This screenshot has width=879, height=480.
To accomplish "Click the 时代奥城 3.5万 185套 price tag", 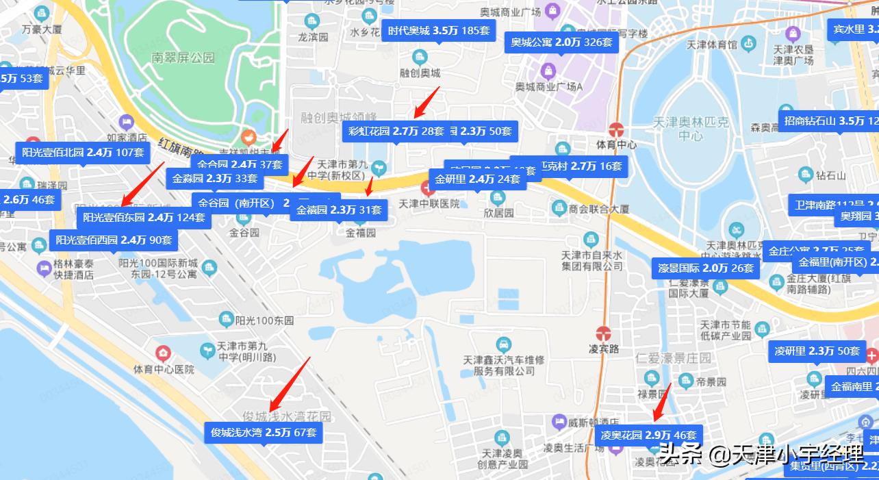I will pyautogui.click(x=438, y=31).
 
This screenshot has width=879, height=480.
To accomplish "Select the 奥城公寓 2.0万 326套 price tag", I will pyautogui.click(x=561, y=42).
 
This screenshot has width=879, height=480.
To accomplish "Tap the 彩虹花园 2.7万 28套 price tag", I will pyautogui.click(x=396, y=131).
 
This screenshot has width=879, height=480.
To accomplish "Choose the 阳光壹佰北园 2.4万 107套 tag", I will pyautogui.click(x=83, y=153).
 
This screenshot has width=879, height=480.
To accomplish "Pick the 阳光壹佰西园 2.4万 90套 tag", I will pyautogui.click(x=114, y=240).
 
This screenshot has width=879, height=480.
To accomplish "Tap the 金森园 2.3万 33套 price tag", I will pyautogui.click(x=215, y=179).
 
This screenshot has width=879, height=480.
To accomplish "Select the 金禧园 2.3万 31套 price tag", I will pyautogui.click(x=339, y=210).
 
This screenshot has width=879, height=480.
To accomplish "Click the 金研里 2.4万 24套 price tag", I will pyautogui.click(x=477, y=179).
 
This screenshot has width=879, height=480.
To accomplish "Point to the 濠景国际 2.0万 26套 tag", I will pyautogui.click(x=706, y=268).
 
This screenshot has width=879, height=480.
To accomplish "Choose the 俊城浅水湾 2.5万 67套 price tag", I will pyautogui.click(x=263, y=432).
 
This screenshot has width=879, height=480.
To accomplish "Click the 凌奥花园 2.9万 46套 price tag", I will pyautogui.click(x=648, y=435).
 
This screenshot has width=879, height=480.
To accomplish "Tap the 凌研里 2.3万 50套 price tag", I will pyautogui.click(x=817, y=351).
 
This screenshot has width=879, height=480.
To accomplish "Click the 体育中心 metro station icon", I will pyautogui.click(x=616, y=129).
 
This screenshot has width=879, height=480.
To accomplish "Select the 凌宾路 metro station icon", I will pyautogui.click(x=604, y=333).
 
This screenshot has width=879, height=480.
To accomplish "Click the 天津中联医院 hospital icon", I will pyautogui.click(x=426, y=188).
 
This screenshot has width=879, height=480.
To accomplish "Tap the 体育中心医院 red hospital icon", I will pyautogui.click(x=163, y=354).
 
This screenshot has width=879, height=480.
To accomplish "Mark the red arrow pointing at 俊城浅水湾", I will pyautogui.click(x=290, y=383).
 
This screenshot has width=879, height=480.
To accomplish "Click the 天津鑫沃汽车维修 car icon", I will pyautogui.click(x=503, y=344).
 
